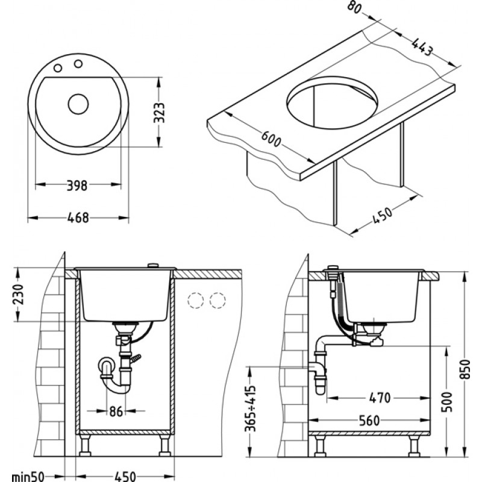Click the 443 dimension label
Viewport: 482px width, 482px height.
[422, 48]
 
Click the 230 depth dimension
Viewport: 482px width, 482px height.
[19, 295]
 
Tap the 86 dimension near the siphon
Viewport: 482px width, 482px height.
[116, 413]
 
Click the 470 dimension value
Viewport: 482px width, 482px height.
[380, 398]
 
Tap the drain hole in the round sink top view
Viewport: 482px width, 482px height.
[78, 104]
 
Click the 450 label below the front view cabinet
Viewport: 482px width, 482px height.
[125, 476]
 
